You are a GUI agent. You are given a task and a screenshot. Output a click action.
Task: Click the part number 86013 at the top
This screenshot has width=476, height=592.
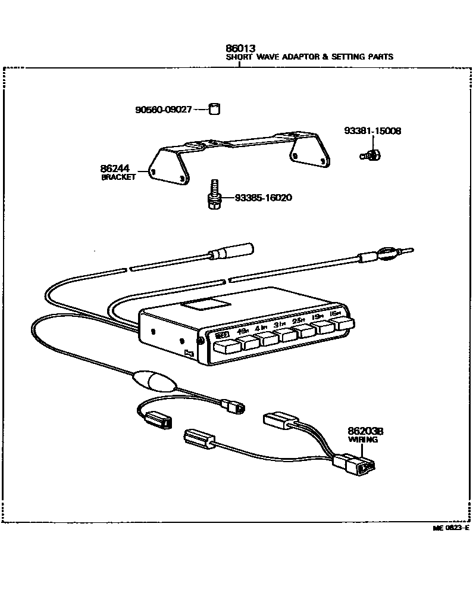(x=240, y=48)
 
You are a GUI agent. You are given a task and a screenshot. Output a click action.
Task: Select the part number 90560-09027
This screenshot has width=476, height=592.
(x=163, y=110)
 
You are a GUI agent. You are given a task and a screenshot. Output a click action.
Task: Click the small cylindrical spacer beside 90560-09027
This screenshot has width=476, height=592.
(x=214, y=109)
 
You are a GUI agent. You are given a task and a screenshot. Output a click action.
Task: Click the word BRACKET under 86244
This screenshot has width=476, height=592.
(x=118, y=177)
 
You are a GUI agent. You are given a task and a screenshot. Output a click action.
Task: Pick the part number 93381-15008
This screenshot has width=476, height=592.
(x=372, y=131)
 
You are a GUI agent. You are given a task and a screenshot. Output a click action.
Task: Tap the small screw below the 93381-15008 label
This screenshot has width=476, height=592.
(x=371, y=155)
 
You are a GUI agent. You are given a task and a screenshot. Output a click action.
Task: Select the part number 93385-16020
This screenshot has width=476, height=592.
(x=263, y=198)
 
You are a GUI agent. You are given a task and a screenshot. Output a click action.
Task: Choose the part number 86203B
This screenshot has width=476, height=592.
(x=365, y=432)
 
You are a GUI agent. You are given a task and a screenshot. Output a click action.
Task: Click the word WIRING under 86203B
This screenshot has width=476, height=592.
(x=363, y=440)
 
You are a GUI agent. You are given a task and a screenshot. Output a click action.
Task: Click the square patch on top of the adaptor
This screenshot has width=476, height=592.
(x=206, y=303)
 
